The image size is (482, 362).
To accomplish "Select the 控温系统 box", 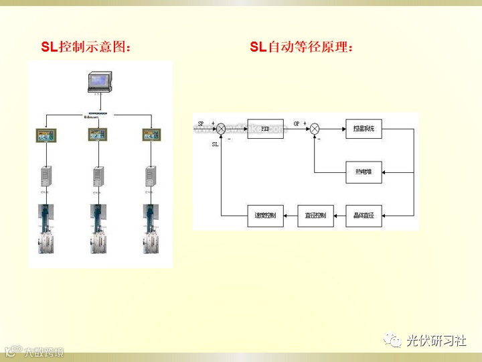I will pos(364,129).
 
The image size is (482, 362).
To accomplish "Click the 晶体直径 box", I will pos(364,216).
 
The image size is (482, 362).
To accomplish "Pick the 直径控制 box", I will pos(315,216).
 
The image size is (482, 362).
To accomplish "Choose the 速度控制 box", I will pos(266,216).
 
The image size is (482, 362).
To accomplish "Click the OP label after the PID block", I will pos(297,124).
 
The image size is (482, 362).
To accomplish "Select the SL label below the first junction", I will pos(215,144).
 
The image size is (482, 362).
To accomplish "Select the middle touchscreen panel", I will pos(98,135).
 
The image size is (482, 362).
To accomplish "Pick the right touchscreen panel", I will pos(151,135).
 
